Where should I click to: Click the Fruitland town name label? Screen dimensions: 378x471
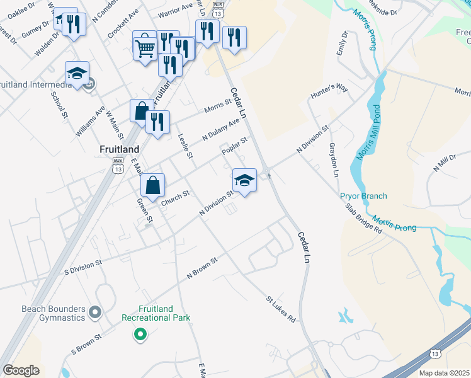(119, 149)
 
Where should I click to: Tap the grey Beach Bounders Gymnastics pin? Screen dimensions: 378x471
(95, 312)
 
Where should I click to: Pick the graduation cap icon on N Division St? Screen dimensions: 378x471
(244, 180)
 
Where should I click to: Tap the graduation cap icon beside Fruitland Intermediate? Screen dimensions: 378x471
(77, 74)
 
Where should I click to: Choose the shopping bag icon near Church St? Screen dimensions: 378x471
(152, 186)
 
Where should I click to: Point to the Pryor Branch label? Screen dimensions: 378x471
(363, 197)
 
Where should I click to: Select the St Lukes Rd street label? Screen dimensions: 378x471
(280, 310)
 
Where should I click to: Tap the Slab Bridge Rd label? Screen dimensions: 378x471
(363, 218)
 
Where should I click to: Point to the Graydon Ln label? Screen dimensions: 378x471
(334, 159)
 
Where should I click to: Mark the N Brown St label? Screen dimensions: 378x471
(201, 268)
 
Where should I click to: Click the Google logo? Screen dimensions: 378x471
(21, 370)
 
